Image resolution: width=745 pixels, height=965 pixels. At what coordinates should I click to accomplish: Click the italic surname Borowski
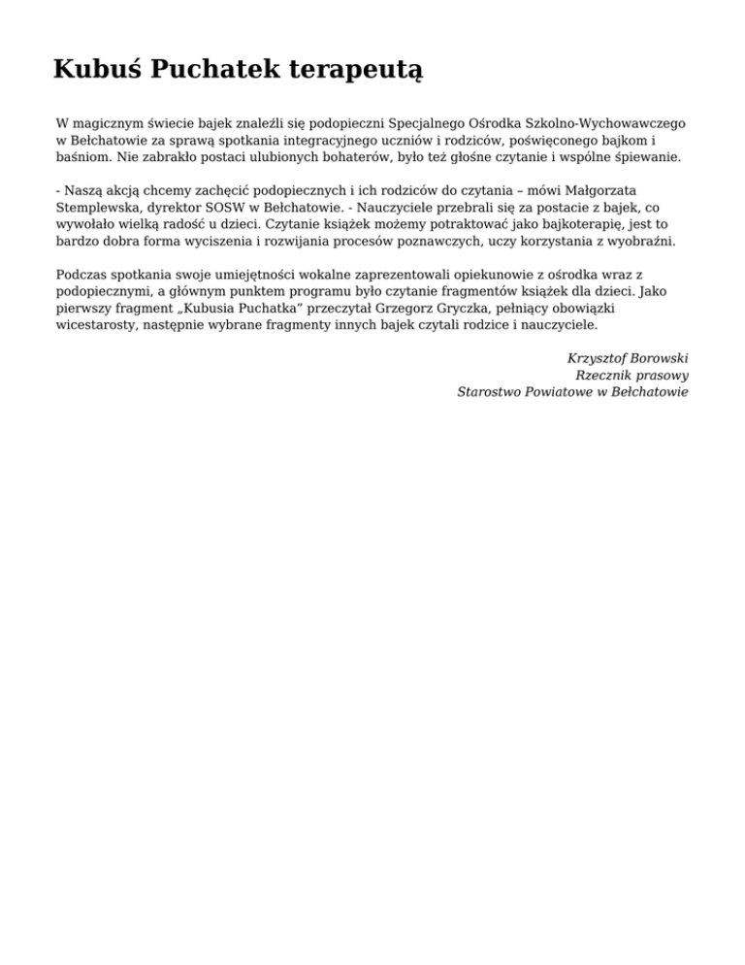(657, 359)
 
